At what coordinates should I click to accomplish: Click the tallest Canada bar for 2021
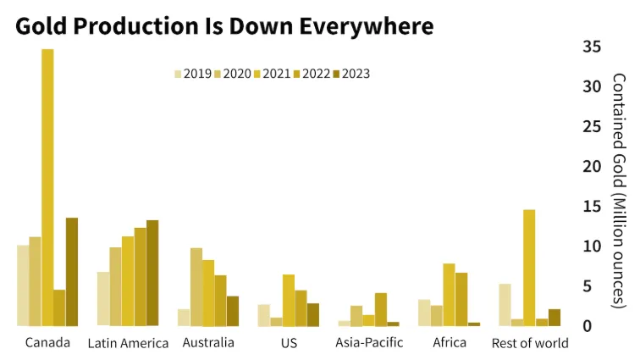pos(47,187)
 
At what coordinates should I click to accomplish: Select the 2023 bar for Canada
pos(72,272)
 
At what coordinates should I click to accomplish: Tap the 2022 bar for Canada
pos(59,307)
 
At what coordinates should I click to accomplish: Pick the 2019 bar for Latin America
pos(103,298)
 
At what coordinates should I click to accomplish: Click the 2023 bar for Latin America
pos(152,273)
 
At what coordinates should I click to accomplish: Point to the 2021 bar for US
pos(289,300)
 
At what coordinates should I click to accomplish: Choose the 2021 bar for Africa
pos(449,295)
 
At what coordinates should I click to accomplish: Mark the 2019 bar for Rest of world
pos(505,304)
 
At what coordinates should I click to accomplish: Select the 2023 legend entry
pos(351,74)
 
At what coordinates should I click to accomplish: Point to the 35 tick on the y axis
pos(592,47)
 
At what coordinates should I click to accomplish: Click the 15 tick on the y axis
pos(592,206)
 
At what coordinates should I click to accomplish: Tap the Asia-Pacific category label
pos(369,343)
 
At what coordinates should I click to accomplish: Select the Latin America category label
pos(128,343)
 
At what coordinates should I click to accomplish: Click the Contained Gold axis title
pos(619,190)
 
